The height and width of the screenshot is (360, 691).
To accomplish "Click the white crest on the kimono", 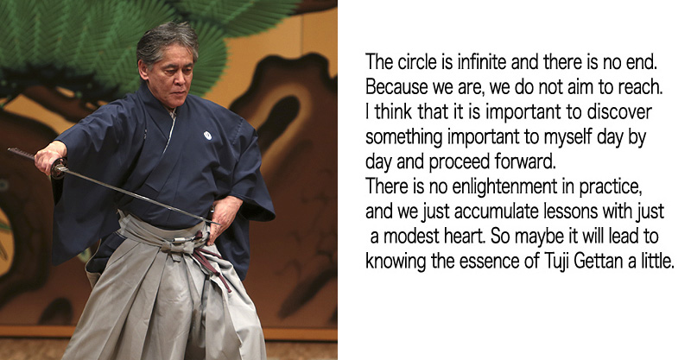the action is [207, 136].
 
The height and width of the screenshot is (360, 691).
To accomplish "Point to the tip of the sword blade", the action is [219, 224].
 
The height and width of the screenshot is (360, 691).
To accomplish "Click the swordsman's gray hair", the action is [168, 41].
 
